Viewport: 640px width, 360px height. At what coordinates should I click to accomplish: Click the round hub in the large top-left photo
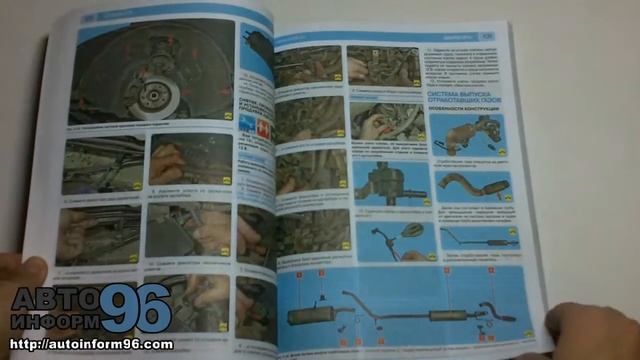pos(158,95)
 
